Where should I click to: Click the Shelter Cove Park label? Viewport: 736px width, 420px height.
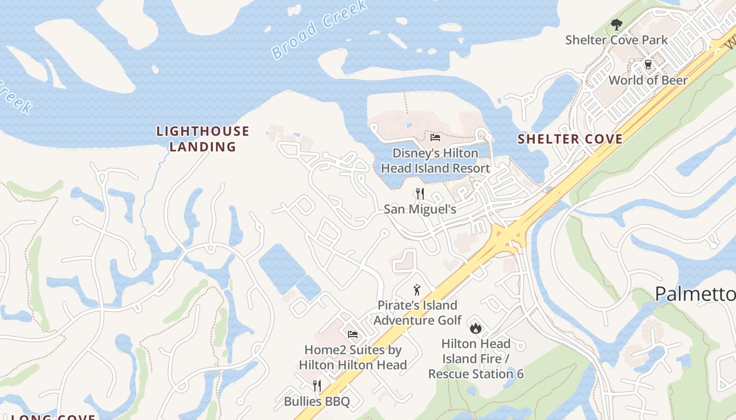(x=616, y=40)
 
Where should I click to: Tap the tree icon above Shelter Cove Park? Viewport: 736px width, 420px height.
(x=616, y=24)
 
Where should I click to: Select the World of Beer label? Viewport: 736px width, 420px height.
(x=648, y=80)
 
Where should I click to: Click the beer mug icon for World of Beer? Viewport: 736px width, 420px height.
(x=648, y=65)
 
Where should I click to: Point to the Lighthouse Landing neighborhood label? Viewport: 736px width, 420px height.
(x=202, y=139)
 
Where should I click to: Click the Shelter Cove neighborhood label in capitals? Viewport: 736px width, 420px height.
(x=570, y=139)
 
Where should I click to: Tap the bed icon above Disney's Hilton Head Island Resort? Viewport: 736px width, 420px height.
(x=435, y=138)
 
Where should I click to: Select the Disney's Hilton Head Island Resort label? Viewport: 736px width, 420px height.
(x=435, y=161)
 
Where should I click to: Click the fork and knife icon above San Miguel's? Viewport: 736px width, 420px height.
(x=420, y=194)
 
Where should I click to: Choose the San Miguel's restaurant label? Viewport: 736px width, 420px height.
(x=420, y=209)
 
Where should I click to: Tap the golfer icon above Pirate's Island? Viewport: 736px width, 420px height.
(x=417, y=289)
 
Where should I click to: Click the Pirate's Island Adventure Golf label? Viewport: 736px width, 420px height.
(x=417, y=312)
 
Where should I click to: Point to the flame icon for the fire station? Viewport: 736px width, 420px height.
(x=476, y=328)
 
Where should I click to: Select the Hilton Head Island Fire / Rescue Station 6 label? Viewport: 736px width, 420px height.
(x=476, y=359)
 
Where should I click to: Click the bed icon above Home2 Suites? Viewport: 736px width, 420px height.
(x=353, y=334)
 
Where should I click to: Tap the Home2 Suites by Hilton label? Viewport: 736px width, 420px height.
(x=353, y=357)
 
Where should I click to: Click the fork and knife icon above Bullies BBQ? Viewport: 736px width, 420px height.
(x=316, y=386)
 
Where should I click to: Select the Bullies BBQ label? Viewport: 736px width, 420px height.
(x=316, y=402)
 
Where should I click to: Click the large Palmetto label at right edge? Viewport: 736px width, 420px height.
(x=695, y=295)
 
